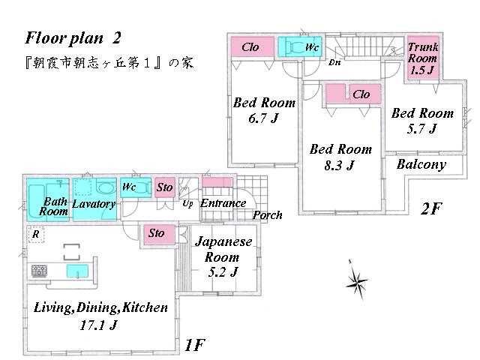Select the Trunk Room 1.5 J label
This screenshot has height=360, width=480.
tap(423, 58)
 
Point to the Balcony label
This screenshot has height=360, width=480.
tap(421, 164)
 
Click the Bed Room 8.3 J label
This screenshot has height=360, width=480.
tap(341, 157)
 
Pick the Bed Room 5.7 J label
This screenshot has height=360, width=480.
tap(422, 120)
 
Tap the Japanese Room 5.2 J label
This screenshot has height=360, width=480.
tap(223, 255)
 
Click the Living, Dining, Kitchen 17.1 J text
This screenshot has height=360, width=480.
tap(100, 316)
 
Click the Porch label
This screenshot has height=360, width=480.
tap(267, 215)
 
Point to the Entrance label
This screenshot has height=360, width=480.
tap(223, 203)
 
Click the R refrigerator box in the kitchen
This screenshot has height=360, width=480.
tap(35, 233)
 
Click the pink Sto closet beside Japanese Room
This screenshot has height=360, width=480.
tap(157, 234)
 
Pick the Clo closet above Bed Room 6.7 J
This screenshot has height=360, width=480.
tap(250, 47)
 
